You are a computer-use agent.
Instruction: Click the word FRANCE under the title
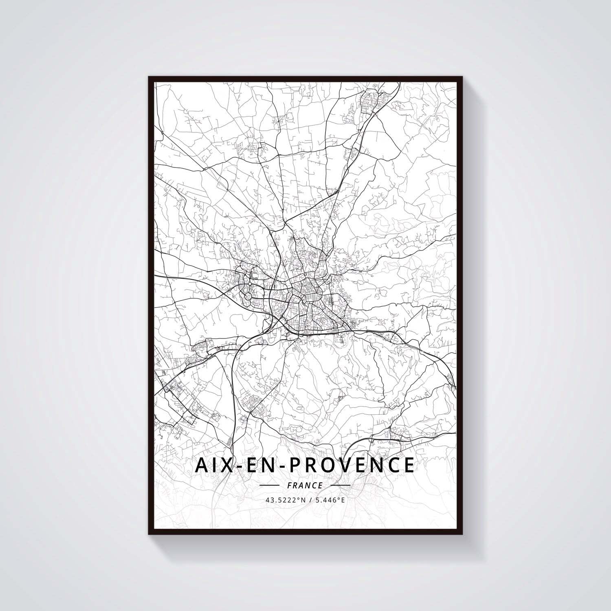click(x=305, y=486)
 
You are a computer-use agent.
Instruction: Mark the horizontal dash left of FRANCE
click(x=269, y=486)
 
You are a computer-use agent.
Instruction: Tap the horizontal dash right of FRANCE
click(x=341, y=486)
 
